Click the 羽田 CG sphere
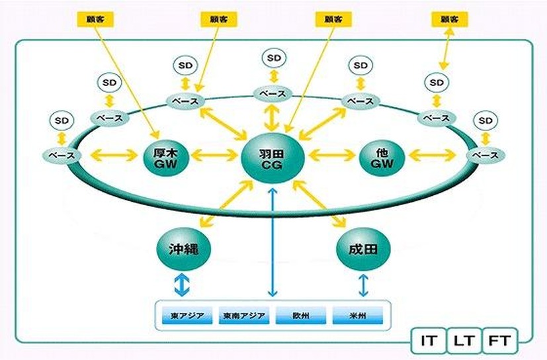[x=272, y=157]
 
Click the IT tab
[x=429, y=342]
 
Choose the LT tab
[x=464, y=342]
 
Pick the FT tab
[x=499, y=342]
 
